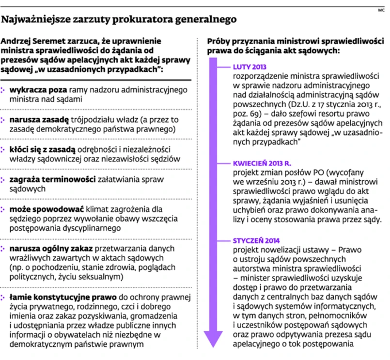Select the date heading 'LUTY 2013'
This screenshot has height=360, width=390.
[x=250, y=67]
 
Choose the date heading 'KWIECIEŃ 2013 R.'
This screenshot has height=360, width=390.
[x=262, y=163]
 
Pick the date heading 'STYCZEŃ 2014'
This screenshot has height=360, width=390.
[x=256, y=240]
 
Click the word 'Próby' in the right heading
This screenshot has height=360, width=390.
[x=219, y=42]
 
